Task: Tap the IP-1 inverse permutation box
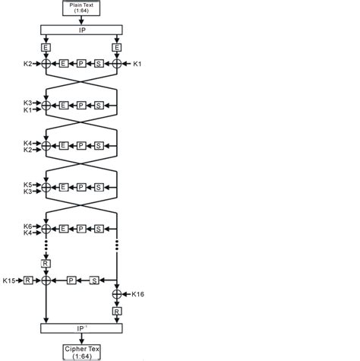tap(81, 328)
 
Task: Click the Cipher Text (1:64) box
tap(82, 351)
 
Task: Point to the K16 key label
tap(138, 293)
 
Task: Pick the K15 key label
tap(8, 281)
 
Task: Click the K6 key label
tap(27, 226)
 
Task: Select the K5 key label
tap(27, 185)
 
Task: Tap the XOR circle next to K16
tap(117, 293)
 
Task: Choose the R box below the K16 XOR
tap(117, 310)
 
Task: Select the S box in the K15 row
tap(95, 281)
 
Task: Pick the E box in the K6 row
tap(64, 227)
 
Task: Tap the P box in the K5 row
tap(81, 186)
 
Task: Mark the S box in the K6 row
tap(98, 227)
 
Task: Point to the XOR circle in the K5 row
tap(46, 186)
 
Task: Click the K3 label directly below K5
tap(27, 193)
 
